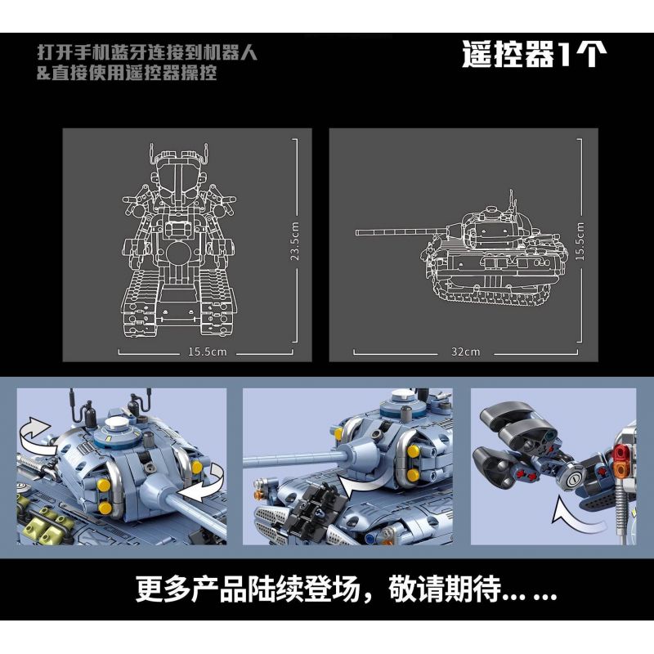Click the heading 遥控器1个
pos(534,54)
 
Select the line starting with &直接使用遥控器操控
pos(127,74)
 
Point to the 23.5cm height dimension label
pos(296,244)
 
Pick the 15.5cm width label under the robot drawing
pos(206,352)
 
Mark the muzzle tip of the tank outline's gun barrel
pos(358,233)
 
